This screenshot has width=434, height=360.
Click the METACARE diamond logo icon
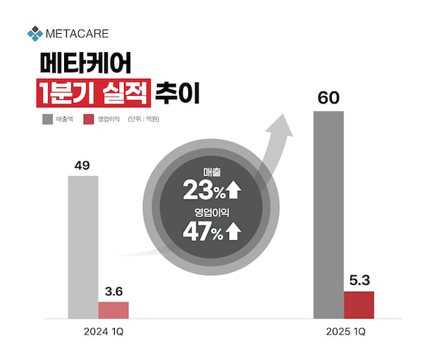click(x=35, y=33)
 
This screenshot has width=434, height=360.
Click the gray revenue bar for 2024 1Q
click(x=83, y=247)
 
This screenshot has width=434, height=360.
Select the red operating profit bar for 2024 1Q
click(x=113, y=310)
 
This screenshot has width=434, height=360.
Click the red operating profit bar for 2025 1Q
click(x=359, y=304)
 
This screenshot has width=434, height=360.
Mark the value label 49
click(x=82, y=166)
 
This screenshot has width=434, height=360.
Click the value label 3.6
click(x=113, y=291)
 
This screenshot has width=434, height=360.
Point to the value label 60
click(x=328, y=98)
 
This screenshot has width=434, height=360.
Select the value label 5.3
click(x=359, y=280)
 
